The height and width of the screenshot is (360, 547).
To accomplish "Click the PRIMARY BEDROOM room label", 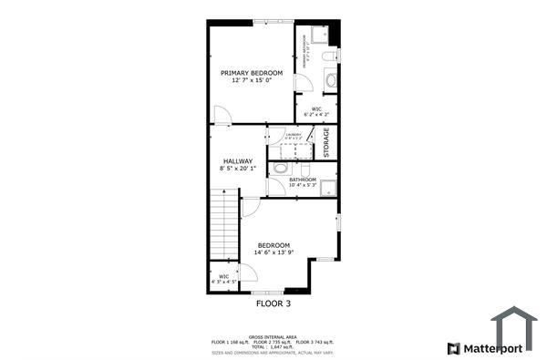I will (251, 73).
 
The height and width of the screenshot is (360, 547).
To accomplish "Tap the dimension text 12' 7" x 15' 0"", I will (251, 80).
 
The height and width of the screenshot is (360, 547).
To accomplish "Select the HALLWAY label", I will (238, 161).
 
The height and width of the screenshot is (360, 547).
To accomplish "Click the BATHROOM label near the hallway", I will (303, 180).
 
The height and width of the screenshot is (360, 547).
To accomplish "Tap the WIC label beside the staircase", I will (223, 276).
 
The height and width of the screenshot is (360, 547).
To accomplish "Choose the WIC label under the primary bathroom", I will (316, 109).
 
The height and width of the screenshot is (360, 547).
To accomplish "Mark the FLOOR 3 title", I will (273, 303).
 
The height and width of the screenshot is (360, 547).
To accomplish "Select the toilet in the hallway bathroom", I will (281, 168).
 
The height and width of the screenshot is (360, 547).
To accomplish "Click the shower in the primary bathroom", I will (318, 36).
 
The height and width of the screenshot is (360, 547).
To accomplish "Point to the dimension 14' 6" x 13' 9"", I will (273, 252).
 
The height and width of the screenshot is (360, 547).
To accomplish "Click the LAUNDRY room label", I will (293, 135).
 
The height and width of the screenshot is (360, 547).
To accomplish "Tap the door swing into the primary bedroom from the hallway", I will (222, 115).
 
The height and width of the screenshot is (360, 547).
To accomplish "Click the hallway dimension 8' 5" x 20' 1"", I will (238, 169).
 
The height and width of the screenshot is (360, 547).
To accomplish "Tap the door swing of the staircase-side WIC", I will (248, 273).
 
